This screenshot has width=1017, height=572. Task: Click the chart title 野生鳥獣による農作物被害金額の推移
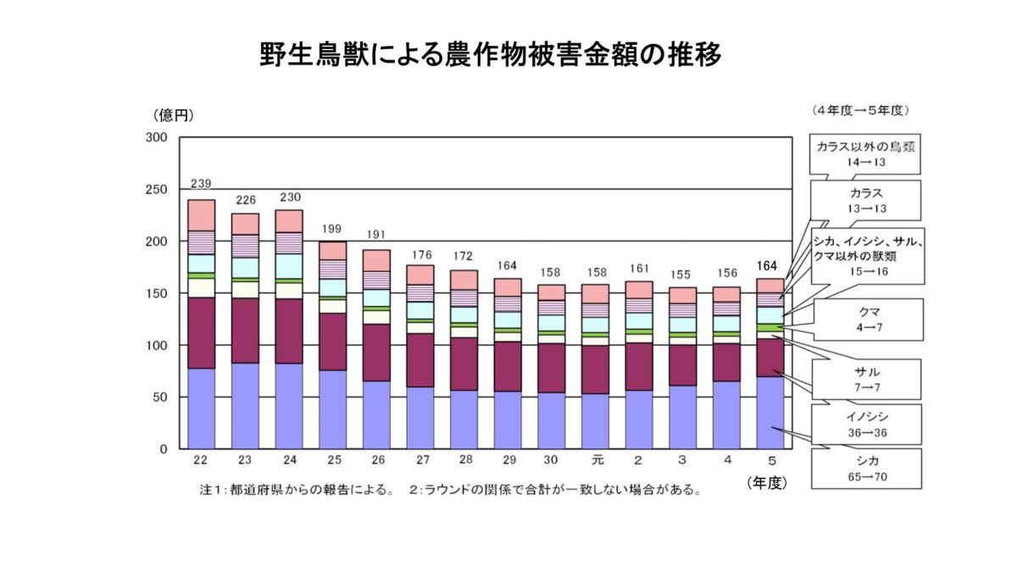coord(491,56)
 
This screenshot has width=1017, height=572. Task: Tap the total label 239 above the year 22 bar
coord(201,183)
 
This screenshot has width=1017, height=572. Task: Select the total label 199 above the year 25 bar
coord(332,230)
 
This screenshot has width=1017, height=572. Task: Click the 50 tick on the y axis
coord(161,397)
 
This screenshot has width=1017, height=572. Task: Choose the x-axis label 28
coord(464,460)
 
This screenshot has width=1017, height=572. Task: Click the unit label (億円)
coord(173,115)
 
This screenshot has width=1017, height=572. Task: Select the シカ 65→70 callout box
coord(865,469)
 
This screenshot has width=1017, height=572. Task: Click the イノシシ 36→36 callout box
coord(865,424)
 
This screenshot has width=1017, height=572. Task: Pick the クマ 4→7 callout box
coord(865,319)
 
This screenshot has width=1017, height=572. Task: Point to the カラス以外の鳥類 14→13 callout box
coord(865,153)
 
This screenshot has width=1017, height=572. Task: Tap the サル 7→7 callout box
coord(865,379)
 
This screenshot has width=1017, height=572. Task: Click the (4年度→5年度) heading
coord(859,111)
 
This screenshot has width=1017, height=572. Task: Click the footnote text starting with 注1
coord(449,491)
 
